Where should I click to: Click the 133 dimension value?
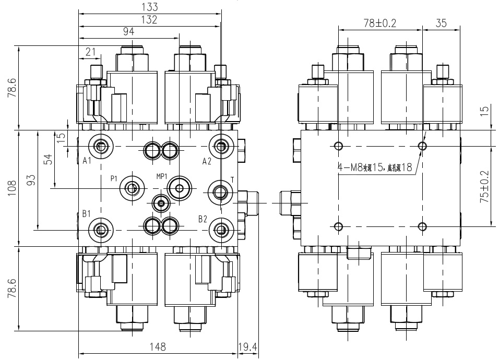coord(150,7)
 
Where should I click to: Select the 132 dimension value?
coord(150,19)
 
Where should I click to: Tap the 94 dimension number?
coord(128,31)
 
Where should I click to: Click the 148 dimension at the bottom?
coord(157,346)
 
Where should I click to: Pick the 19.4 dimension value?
coord(248,346)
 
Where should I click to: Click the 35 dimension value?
coord(441,23)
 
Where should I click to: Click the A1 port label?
coord(88,161)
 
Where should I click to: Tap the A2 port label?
coord(207,161)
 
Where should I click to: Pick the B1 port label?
coord(87,214)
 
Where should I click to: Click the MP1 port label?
coord(161,175)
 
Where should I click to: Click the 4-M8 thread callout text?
coord(375,167)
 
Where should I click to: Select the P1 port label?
coord(114,178)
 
